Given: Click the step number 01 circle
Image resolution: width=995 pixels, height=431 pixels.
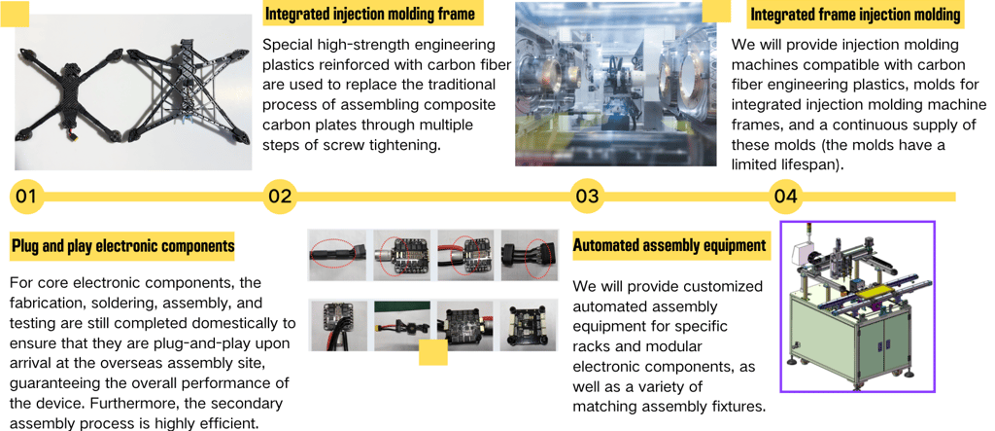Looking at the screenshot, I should [26, 197].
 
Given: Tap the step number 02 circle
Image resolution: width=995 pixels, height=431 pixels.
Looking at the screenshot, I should [280, 197].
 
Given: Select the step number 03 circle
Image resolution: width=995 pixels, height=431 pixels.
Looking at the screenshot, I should [587, 197].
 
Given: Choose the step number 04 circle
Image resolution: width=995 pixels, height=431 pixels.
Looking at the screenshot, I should [785, 197].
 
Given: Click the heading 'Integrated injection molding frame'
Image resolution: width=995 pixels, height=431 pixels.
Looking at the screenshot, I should [370, 14].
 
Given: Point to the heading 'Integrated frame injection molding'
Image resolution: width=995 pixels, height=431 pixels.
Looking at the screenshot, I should [855, 15].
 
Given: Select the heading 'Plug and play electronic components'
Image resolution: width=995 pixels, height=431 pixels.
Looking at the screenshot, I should [122, 246].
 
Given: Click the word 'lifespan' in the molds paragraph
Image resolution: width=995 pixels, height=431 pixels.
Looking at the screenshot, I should [810, 165].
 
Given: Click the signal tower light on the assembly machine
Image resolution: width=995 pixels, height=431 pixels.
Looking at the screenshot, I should [809, 234].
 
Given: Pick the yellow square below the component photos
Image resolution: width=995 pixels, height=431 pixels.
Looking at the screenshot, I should [432, 353].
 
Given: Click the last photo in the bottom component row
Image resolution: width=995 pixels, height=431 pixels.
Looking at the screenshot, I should [528, 325].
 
